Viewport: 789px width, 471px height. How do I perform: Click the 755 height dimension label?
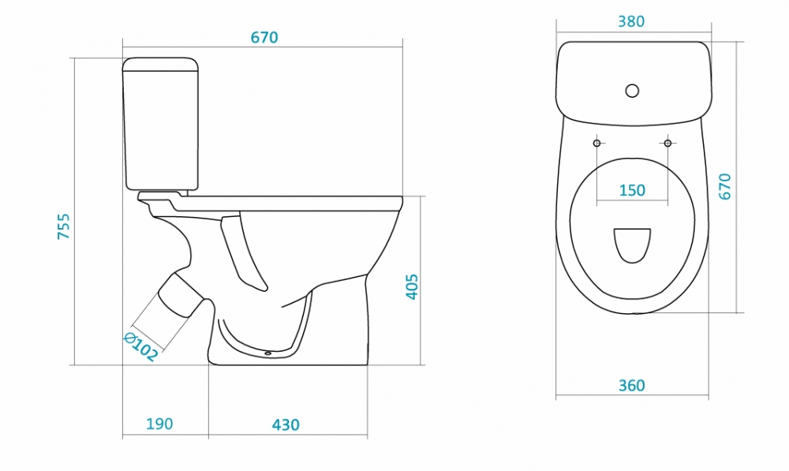pos(64,226)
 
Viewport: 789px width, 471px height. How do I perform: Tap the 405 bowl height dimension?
pos(412,287)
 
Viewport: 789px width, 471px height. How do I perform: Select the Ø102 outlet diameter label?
pos(141,347)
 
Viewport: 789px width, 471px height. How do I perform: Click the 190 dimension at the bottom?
pos(159,424)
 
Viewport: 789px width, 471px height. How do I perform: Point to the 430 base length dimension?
pos(286,425)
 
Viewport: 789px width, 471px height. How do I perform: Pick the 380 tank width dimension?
pos(631,21)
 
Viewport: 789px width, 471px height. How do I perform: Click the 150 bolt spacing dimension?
pos(632,190)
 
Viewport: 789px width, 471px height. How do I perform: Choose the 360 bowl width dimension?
pos(632,386)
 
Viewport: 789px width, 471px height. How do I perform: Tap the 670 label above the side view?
pos(264,38)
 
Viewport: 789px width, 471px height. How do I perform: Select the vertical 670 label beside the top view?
pos(724,187)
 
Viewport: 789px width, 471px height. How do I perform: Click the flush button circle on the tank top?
pos(633,91)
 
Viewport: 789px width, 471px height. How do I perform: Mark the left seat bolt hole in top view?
pos(596,144)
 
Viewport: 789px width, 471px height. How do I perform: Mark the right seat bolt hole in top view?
pos(667,144)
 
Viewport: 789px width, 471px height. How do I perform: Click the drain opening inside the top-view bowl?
pos(632,245)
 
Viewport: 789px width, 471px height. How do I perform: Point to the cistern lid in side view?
pos(160,64)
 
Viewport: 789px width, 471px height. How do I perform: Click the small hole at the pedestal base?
pos(267,353)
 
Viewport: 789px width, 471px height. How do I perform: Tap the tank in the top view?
pos(634,83)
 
